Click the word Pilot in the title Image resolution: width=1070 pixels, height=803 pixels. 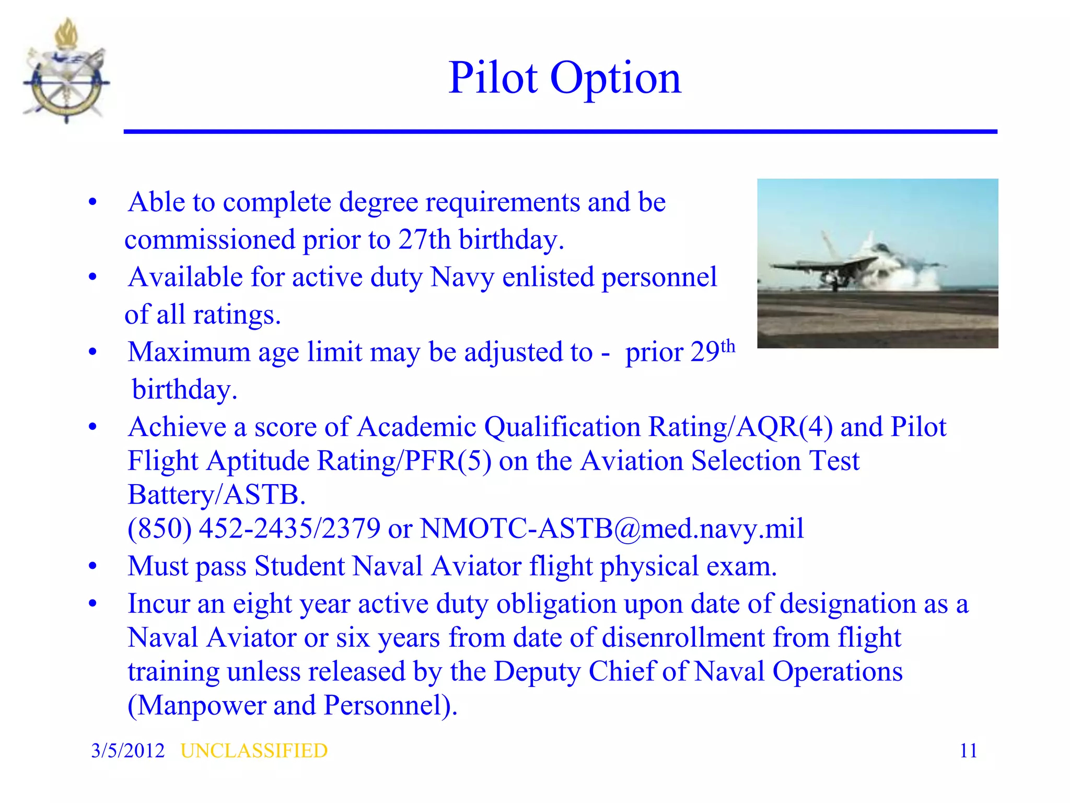click(493, 78)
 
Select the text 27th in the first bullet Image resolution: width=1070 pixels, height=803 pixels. click(424, 240)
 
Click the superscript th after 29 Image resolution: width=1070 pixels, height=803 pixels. click(728, 347)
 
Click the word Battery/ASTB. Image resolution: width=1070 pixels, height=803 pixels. click(216, 495)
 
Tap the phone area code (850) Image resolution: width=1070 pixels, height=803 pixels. click(160, 529)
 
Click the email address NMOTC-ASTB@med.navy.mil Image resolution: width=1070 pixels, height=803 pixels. click(612, 529)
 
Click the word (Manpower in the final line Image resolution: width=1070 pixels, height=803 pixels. click(196, 706)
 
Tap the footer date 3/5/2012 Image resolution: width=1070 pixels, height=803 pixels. click(127, 751)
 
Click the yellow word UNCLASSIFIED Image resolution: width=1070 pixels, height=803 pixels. click(254, 751)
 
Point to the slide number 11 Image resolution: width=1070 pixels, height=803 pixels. click(968, 751)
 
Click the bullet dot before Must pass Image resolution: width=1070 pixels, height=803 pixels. click(93, 566)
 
